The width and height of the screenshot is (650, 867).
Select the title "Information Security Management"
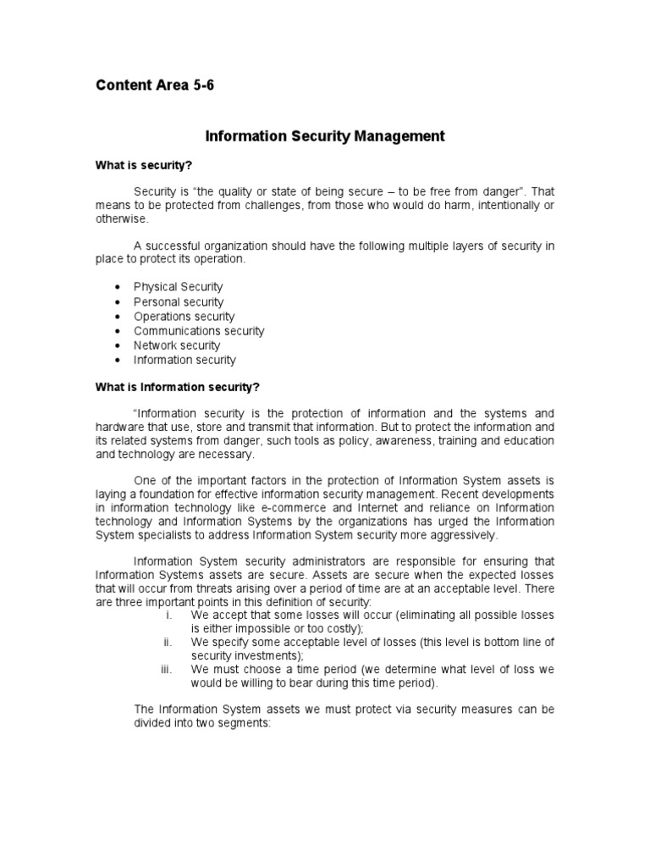click(325, 135)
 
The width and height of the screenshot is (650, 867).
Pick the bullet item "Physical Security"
click(178, 288)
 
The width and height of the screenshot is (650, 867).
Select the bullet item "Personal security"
click(179, 302)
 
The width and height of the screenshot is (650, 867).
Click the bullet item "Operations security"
click(184, 317)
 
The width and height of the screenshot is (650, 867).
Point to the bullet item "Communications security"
click(199, 331)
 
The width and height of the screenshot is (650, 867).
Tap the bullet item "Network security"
click(177, 345)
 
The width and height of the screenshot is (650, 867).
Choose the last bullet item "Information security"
click(185, 360)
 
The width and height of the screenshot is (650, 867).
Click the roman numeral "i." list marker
click(168, 614)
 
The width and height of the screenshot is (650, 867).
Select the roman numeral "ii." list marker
click(168, 642)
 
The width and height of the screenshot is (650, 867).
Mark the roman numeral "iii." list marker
click(166, 669)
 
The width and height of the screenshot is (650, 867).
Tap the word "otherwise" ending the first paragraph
click(121, 218)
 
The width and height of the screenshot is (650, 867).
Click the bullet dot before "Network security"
click(116, 345)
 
